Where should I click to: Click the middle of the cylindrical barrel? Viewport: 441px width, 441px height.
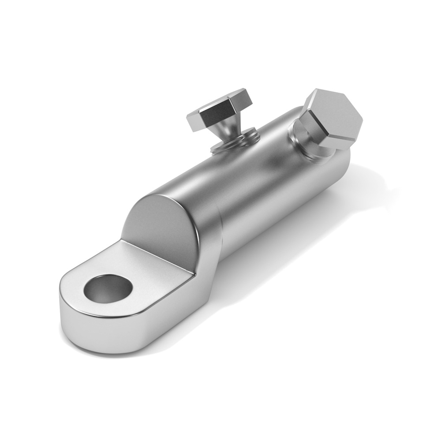247,185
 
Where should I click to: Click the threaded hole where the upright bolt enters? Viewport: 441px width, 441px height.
234,143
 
